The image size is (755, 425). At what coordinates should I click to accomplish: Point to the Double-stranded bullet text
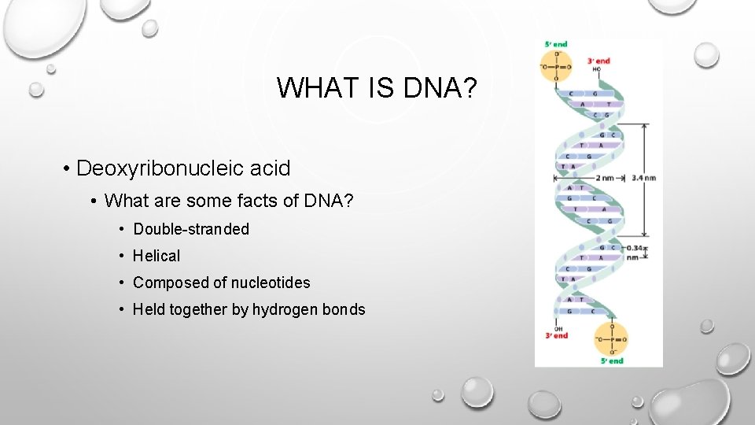[x=191, y=229]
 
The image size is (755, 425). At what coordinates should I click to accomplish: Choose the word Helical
[x=157, y=256]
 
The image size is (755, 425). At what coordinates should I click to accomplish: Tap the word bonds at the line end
[x=344, y=309]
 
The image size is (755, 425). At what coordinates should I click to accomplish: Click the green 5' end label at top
[x=557, y=44]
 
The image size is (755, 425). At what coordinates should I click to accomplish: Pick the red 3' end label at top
[x=598, y=61]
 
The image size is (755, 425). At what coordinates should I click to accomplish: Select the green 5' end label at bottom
[x=611, y=360]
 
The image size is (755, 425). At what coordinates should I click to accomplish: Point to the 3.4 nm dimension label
[x=643, y=178]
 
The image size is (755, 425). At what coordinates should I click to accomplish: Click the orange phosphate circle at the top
[x=558, y=68]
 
